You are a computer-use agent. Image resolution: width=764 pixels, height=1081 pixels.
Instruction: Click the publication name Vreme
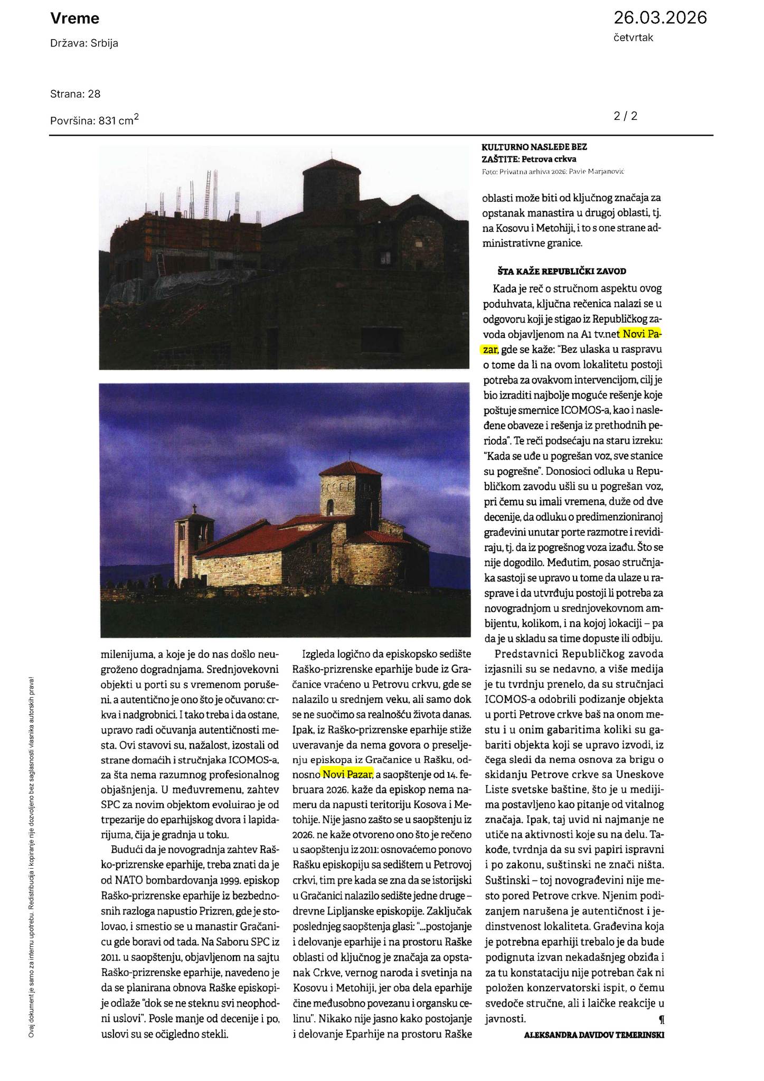[74, 19]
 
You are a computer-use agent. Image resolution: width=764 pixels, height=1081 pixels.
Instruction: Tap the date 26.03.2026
[659, 18]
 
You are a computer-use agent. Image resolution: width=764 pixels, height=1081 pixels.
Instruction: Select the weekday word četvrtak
[633, 38]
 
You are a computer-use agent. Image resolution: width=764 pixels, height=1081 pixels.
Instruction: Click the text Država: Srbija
[84, 43]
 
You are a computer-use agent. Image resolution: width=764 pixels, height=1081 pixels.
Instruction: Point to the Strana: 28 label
[75, 94]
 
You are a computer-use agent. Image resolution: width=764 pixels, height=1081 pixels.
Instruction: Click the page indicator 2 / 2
[626, 116]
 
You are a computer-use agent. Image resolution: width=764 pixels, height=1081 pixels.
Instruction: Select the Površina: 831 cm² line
[95, 120]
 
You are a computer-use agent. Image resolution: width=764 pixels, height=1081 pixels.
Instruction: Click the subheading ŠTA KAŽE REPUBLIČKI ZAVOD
[562, 271]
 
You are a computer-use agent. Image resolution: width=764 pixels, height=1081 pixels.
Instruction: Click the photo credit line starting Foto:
[553, 172]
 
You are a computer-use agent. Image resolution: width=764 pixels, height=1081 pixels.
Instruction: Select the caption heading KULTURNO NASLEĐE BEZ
[534, 147]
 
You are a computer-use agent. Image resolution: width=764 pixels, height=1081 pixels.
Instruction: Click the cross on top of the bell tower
[194, 509]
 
